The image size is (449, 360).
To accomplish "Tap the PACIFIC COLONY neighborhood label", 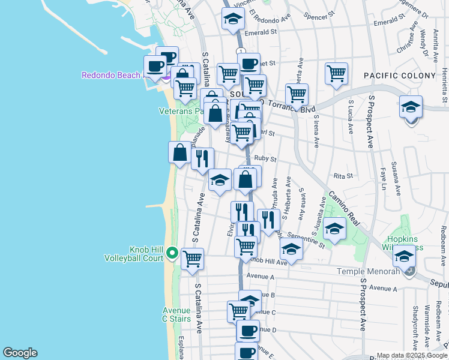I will [x=399, y=75].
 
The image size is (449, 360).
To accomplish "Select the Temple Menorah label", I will [x=372, y=272].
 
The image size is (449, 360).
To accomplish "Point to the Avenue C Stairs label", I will [x=176, y=314].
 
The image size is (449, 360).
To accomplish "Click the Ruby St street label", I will [x=265, y=159].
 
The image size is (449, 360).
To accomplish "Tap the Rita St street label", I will [x=343, y=176].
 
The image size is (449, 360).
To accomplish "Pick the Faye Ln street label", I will [x=382, y=175].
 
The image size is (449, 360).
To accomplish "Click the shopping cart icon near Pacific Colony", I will [x=337, y=74].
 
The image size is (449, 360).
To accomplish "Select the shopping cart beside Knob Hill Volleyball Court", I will [x=192, y=259].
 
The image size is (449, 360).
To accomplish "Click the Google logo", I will [x=20, y=353].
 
